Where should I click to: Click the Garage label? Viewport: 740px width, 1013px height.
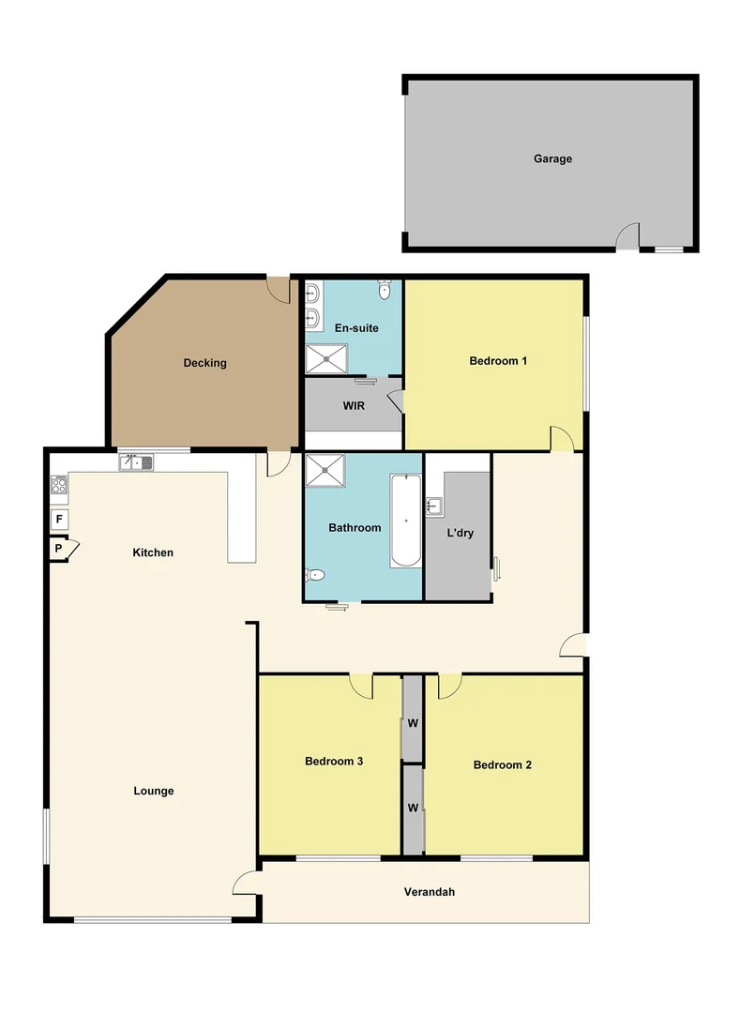[x=552, y=159]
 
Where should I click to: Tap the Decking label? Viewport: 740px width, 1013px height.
[x=204, y=363]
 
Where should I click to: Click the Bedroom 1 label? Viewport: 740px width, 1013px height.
[x=497, y=361]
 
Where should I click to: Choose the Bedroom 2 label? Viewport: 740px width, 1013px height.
[x=502, y=765]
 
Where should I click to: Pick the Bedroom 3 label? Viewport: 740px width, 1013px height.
[x=334, y=762]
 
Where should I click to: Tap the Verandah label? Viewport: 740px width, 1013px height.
[x=429, y=892]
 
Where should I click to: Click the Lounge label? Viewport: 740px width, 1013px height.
[x=153, y=791]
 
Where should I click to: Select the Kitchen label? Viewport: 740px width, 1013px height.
[x=153, y=552]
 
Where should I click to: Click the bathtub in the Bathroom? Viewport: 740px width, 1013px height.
[x=405, y=521]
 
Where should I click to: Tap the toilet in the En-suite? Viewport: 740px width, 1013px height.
[x=385, y=291]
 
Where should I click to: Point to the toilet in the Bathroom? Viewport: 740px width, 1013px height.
[x=316, y=575]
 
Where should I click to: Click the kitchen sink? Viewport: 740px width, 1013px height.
[x=136, y=462]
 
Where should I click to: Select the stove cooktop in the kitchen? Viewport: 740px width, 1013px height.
[x=59, y=485]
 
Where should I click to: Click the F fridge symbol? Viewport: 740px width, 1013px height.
[x=59, y=519]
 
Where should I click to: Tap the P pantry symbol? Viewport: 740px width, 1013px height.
[x=59, y=549]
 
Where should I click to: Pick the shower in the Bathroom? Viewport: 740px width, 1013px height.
[x=325, y=471]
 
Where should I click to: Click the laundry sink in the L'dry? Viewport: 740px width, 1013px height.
[x=433, y=507]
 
